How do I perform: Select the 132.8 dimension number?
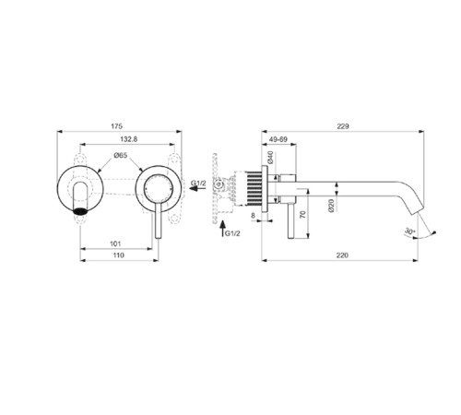(128, 138)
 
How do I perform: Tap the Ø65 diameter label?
(121, 156)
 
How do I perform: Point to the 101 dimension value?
(115, 244)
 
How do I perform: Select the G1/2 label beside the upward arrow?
(232, 234)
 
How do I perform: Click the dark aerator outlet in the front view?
(81, 210)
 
